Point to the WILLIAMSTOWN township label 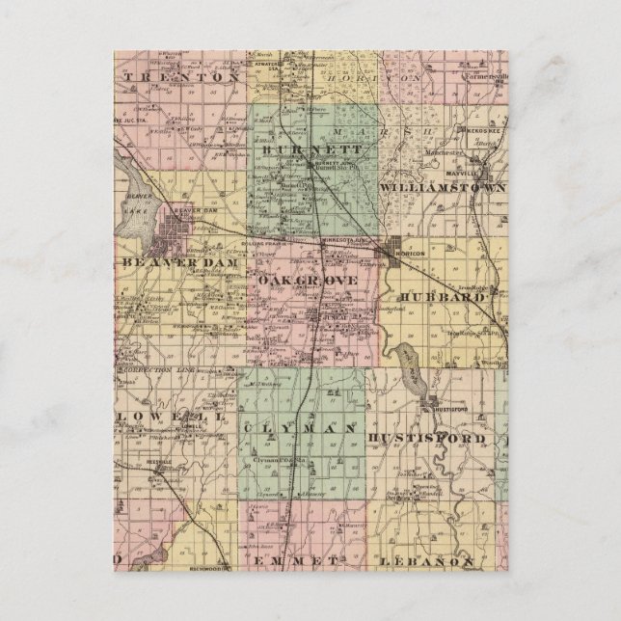[443, 184]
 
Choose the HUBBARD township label [440, 297]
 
